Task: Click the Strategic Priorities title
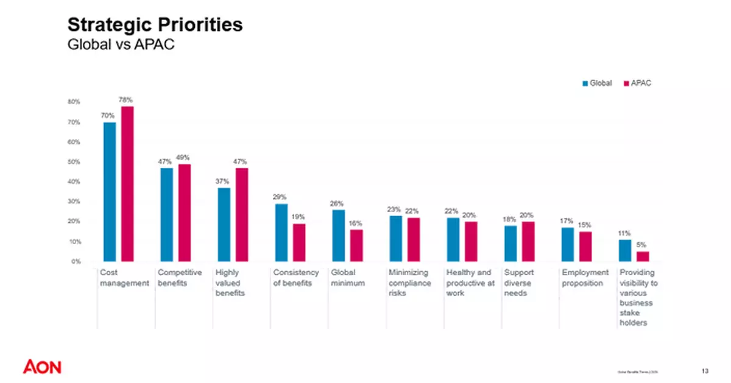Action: (155, 25)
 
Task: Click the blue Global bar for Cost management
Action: (110, 192)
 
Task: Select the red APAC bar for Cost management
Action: (127, 184)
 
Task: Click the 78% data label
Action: (126, 99)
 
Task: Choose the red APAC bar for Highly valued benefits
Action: (242, 214)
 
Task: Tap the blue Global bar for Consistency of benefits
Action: (281, 233)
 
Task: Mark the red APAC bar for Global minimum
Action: (356, 245)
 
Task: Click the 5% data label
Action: (641, 245)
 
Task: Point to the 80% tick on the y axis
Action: (74, 102)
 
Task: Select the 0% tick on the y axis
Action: (76, 262)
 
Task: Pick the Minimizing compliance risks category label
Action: (409, 283)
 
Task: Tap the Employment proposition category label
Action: (585, 278)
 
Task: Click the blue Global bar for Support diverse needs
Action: (510, 244)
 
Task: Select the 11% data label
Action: (625, 233)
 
